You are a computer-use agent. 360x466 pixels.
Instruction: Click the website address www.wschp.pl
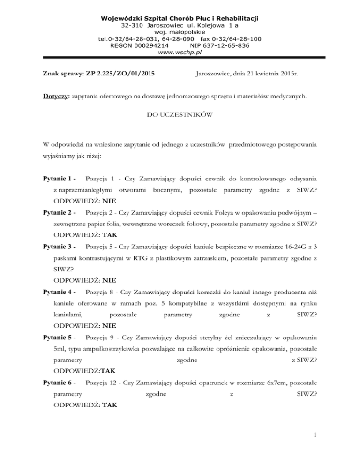coord(180,53)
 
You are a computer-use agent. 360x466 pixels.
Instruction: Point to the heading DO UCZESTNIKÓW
coord(180,114)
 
